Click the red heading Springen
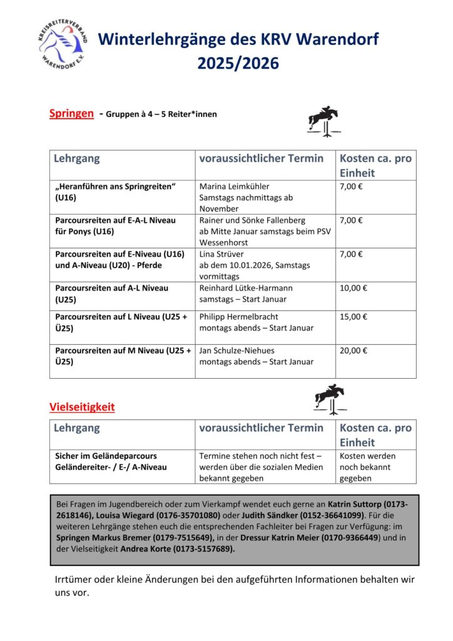pyautogui.click(x=71, y=113)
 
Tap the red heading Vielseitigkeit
pyautogui.click(x=82, y=407)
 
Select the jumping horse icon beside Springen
pyautogui.click(x=324, y=120)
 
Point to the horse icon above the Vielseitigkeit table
pyautogui.click(x=330, y=399)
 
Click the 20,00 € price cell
pyautogui.click(x=354, y=351)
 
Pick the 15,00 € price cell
pyautogui.click(x=354, y=317)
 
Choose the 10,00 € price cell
pyautogui.click(x=354, y=288)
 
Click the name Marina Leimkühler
pyautogui.click(x=234, y=187)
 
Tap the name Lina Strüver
pyautogui.click(x=220, y=254)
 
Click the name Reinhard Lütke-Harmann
pyautogui.click(x=246, y=288)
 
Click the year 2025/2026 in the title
pyautogui.click(x=238, y=63)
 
